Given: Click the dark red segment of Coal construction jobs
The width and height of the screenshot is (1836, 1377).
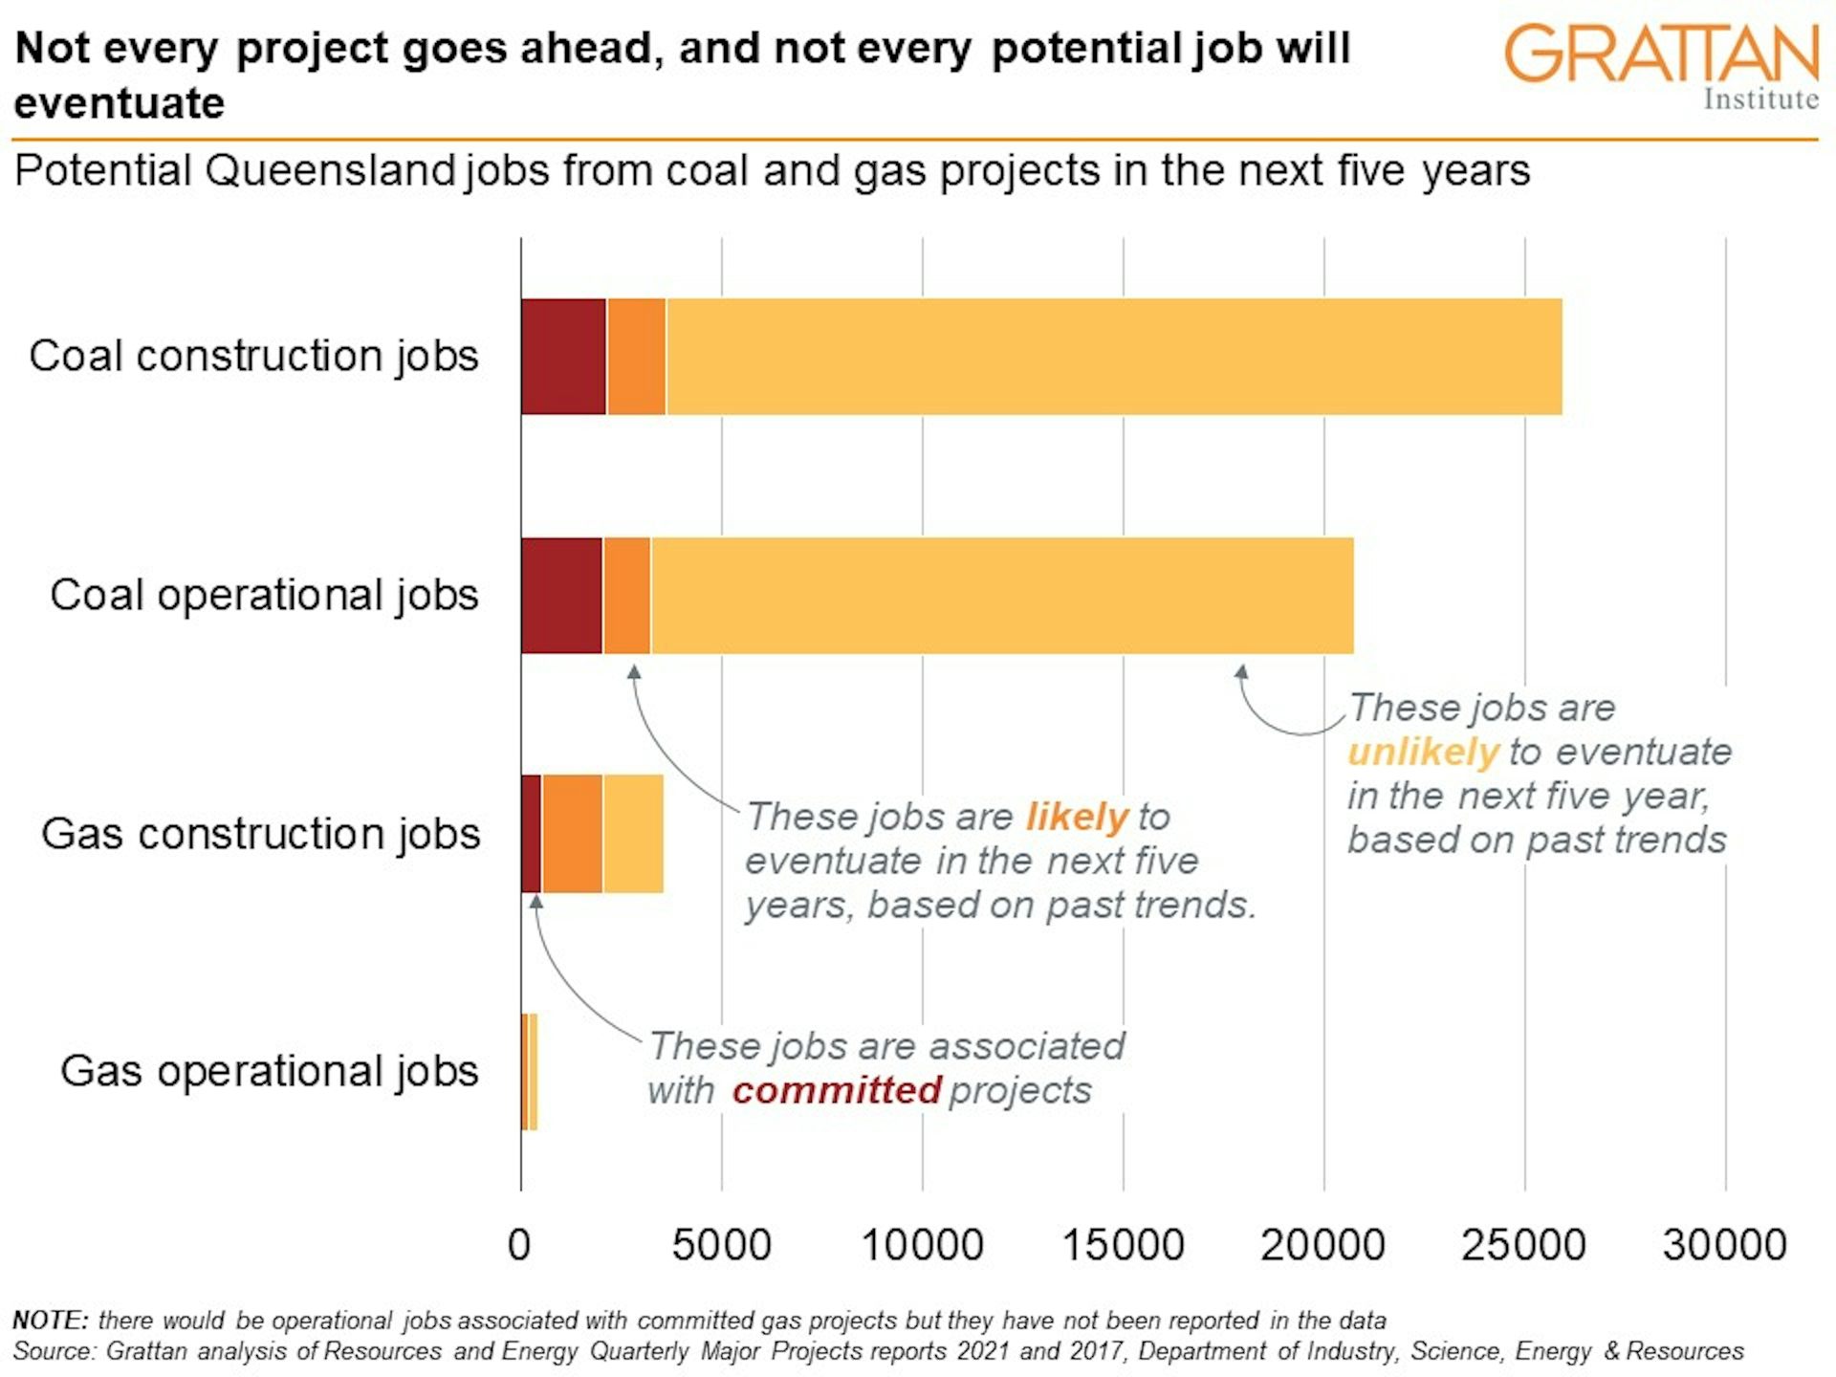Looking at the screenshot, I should (x=563, y=357).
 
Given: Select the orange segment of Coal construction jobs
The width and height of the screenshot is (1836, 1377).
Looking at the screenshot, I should (x=636, y=357).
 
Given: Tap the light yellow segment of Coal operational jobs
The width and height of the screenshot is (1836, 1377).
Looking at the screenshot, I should (x=1001, y=596).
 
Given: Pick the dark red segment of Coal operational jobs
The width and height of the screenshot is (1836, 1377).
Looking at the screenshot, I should (x=561, y=596).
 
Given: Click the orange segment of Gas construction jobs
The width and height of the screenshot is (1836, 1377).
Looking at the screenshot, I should (x=572, y=834).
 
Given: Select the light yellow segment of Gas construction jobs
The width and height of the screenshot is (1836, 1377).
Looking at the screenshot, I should (x=632, y=834).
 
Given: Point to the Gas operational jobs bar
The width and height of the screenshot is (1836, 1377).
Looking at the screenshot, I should (x=530, y=1072).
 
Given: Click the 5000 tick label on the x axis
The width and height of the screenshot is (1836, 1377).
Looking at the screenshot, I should (x=721, y=1245).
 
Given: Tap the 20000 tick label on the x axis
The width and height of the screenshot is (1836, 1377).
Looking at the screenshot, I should (x=1322, y=1245).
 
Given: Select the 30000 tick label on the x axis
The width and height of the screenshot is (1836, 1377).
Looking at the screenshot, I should (x=1724, y=1245).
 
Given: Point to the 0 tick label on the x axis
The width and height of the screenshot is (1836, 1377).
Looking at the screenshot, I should (x=519, y=1245).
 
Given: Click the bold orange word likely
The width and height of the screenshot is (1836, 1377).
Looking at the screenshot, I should (x=1077, y=818).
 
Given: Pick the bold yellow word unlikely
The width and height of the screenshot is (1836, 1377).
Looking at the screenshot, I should (x=1422, y=753).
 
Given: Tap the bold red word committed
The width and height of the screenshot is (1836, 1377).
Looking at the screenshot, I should (x=837, y=1091).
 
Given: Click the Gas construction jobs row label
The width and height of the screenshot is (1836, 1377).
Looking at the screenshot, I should (x=260, y=834).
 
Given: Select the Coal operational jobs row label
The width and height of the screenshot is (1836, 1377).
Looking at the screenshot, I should (x=264, y=595).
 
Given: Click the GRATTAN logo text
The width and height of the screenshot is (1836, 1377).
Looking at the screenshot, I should (x=1661, y=55).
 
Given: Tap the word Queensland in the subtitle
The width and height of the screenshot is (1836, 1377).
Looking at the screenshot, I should (x=330, y=171).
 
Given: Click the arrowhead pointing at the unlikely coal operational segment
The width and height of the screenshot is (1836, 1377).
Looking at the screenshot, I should (x=1241, y=672).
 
